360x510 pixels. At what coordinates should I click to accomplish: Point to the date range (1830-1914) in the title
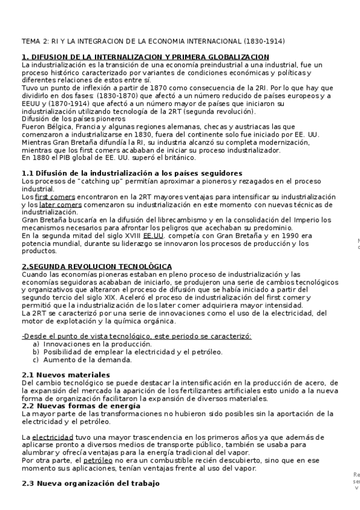click(264, 41)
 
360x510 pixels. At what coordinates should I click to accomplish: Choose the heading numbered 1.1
click(123, 173)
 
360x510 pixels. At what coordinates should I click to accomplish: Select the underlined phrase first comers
click(49, 197)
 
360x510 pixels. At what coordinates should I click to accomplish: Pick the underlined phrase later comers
click(60, 204)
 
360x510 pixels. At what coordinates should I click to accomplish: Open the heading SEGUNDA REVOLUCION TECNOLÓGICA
click(97, 266)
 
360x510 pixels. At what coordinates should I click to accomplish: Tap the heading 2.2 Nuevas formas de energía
click(81, 406)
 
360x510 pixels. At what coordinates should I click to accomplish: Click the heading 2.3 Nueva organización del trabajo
click(90, 483)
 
